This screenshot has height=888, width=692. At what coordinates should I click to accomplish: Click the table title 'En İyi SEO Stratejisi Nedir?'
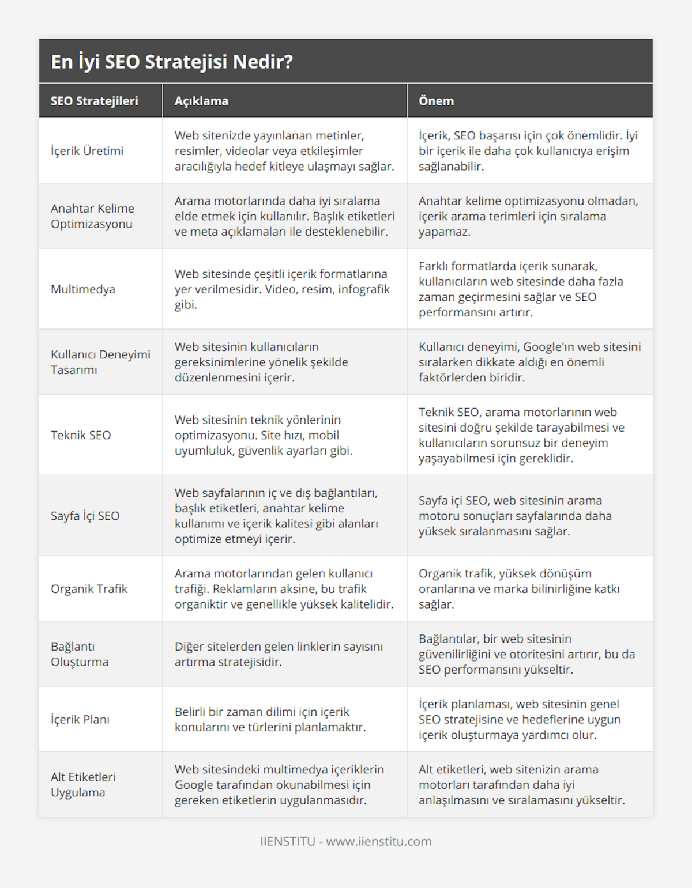[172, 62]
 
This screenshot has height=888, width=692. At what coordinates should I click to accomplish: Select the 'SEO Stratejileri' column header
[95, 101]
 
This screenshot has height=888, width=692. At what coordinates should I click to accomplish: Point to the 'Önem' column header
[436, 101]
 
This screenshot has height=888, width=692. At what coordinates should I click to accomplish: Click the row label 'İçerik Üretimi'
[87, 151]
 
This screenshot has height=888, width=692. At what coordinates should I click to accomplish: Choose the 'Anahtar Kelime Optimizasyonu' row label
[92, 216]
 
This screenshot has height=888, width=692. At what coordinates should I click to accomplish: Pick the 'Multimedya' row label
[83, 289]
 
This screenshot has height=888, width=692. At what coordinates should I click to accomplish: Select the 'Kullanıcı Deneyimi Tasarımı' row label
[100, 362]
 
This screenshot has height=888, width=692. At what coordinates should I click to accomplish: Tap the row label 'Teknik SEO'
[81, 435]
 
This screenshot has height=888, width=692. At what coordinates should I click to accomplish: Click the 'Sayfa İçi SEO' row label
[85, 516]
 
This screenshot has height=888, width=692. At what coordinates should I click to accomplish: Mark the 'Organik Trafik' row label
[89, 589]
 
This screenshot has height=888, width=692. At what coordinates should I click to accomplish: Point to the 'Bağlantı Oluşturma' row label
[80, 654]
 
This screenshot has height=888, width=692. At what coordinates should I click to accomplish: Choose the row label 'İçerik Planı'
[80, 719]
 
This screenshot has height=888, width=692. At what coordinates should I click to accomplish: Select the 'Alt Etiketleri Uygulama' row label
[83, 785]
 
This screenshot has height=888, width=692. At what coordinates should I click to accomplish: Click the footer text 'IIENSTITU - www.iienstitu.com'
[346, 841]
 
